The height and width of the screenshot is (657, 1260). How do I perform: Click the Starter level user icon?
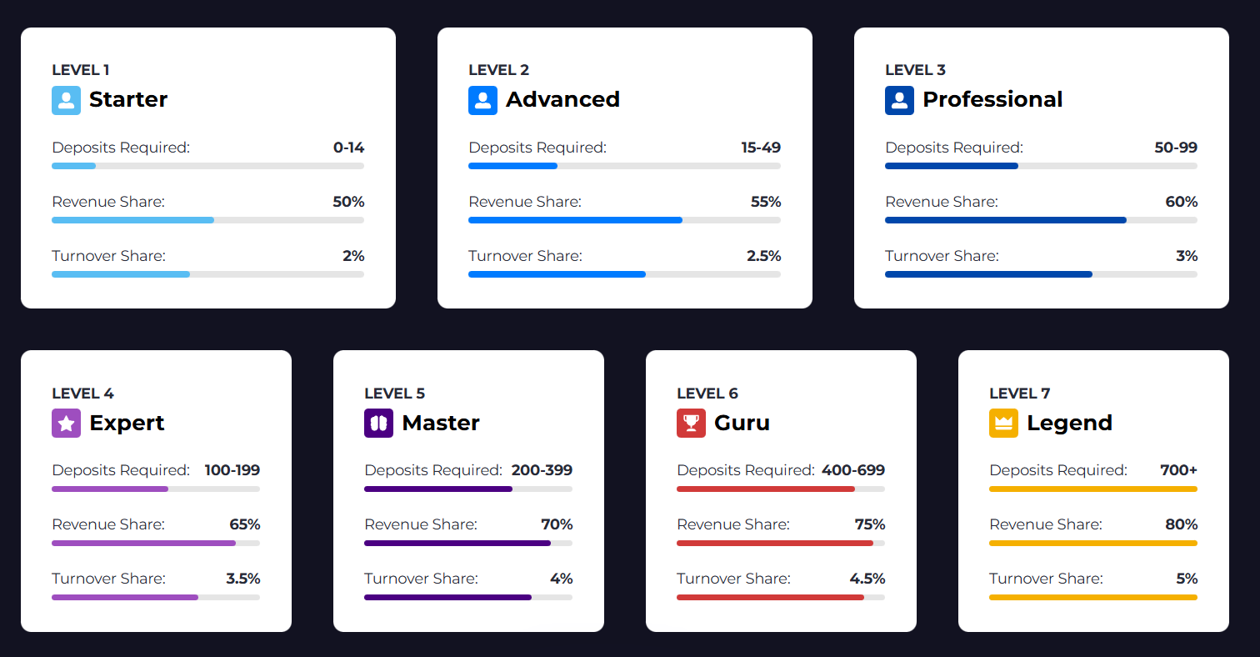[66, 100]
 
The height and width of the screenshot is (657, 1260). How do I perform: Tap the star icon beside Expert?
[66, 423]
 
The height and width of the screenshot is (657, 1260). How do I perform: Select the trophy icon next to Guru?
[691, 423]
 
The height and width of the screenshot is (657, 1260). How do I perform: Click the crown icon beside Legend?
[1003, 423]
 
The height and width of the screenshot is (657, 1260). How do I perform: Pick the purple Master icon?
[378, 423]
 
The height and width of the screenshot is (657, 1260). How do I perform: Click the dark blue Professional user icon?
[899, 100]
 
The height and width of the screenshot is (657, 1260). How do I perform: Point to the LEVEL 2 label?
[498, 70]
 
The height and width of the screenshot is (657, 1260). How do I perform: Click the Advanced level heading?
[562, 99]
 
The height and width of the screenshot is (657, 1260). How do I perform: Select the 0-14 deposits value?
[348, 148]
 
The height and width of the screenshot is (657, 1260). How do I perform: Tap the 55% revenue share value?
[764, 202]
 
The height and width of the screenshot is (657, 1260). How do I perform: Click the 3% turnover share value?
[1187, 256]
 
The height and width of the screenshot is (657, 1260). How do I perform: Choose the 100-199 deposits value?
[232, 470]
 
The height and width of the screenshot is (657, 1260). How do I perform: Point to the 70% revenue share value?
[557, 524]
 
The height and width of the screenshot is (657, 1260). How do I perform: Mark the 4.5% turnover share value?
[867, 579]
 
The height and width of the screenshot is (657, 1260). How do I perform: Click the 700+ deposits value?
[1178, 470]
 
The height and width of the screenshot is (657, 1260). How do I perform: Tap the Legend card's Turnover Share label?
[1046, 579]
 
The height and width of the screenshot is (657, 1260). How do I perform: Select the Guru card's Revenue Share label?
[732, 524]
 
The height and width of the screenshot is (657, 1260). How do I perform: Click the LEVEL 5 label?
[394, 394]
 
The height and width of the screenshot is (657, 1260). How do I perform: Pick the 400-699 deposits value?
[853, 470]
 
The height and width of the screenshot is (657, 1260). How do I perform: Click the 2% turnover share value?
[353, 256]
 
